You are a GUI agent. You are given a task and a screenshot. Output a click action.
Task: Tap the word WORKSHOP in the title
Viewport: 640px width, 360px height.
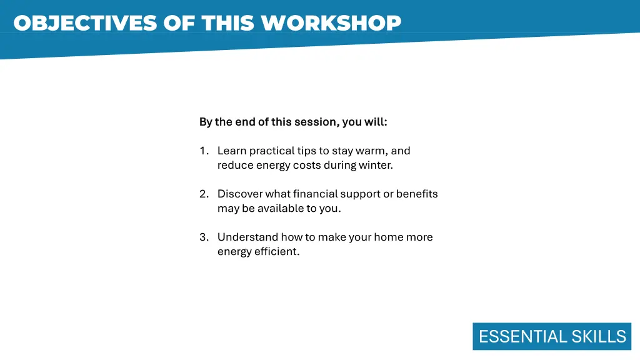click(331, 23)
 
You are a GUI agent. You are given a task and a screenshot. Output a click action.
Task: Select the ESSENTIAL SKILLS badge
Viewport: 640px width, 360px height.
click(552, 336)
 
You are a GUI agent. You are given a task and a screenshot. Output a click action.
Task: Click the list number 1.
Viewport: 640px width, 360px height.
click(203, 151)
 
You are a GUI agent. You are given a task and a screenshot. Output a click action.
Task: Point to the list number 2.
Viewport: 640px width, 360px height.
click(203, 194)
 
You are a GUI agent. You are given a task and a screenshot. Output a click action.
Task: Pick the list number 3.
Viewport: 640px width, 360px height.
click(203, 237)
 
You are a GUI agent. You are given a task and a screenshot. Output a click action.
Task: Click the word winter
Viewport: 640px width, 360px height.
click(376, 166)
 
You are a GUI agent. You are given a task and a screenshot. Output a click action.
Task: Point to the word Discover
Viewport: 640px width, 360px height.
click(240, 194)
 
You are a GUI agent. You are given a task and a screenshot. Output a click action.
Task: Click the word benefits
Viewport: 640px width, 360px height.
click(417, 194)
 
